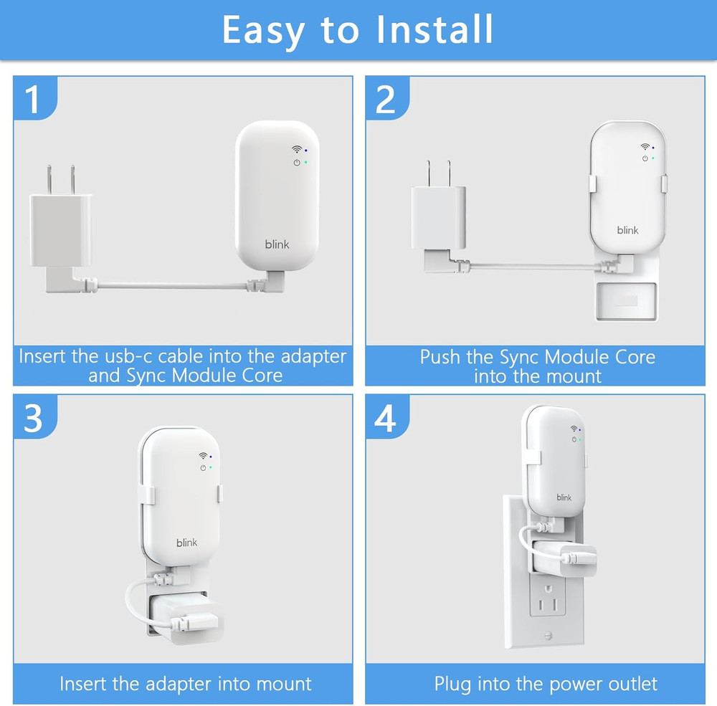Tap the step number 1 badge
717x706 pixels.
[x=34, y=100]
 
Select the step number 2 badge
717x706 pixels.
[x=386, y=100]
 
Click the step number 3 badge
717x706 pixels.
[x=34, y=419]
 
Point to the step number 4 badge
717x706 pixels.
[x=386, y=419]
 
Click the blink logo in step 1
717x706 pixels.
[x=277, y=244]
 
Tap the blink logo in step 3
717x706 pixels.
[x=187, y=543]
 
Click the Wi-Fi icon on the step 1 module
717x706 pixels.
[x=296, y=150]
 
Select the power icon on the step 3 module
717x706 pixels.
[x=203, y=467]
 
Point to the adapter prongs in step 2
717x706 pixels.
[x=438, y=172]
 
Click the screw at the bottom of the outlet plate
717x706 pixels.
[x=549, y=635]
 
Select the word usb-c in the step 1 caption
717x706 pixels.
[x=122, y=356]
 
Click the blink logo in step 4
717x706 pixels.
[x=564, y=497]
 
